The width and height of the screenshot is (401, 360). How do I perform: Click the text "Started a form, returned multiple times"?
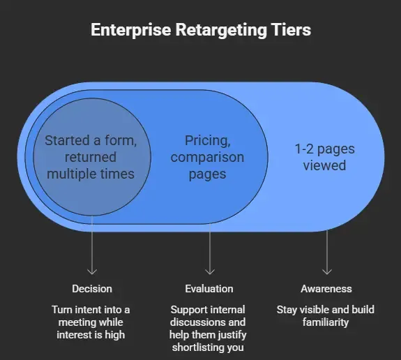click(91, 156)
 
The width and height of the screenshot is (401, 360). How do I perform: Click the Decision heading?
click(91, 289)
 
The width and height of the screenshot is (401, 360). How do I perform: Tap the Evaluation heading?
click(209, 289)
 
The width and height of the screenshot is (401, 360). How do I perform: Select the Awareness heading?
click(326, 289)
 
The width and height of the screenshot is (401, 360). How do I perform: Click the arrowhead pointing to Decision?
click(91, 271)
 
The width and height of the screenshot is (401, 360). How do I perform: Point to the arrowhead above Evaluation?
click(209, 271)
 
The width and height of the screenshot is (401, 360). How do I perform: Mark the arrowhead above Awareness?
click(326, 271)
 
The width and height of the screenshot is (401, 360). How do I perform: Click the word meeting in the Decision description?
click(72, 322)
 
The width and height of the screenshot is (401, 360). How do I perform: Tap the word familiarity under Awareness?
click(326, 322)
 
